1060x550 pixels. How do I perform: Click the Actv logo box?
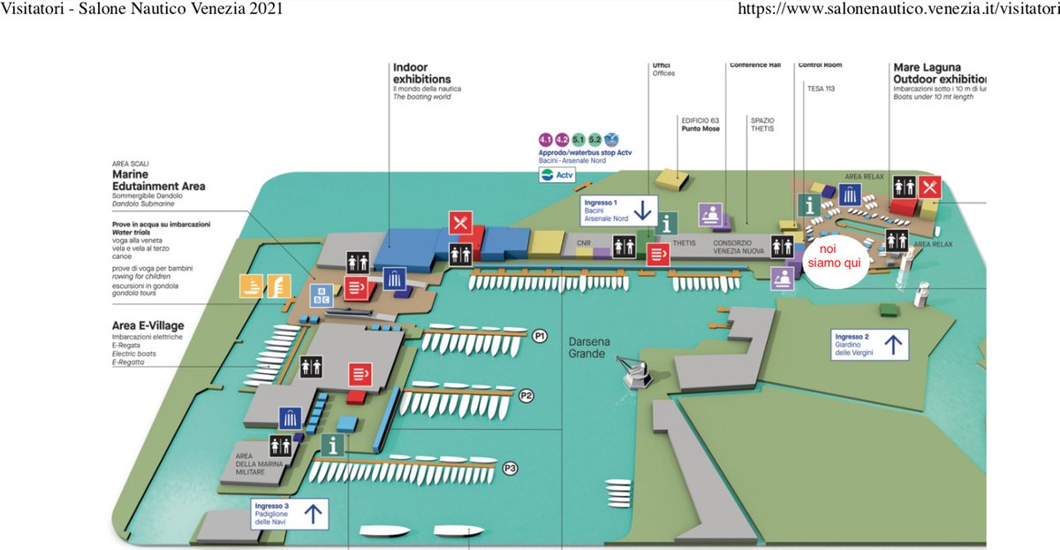(557, 176)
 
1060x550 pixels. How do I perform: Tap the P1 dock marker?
(541, 336)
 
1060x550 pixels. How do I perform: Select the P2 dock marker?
(526, 395)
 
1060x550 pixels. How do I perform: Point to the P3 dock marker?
(509, 469)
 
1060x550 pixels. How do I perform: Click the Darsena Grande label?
(587, 348)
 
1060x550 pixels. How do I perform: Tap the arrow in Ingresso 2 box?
(893, 344)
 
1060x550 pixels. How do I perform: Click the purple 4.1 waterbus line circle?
(545, 140)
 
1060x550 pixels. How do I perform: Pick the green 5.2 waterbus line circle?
(594, 140)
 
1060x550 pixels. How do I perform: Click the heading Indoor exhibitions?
(421, 73)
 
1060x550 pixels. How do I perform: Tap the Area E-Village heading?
(148, 325)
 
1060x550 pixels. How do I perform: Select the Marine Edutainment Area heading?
(158, 180)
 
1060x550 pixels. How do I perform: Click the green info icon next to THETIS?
(670, 223)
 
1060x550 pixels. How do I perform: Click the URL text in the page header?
(897, 10)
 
